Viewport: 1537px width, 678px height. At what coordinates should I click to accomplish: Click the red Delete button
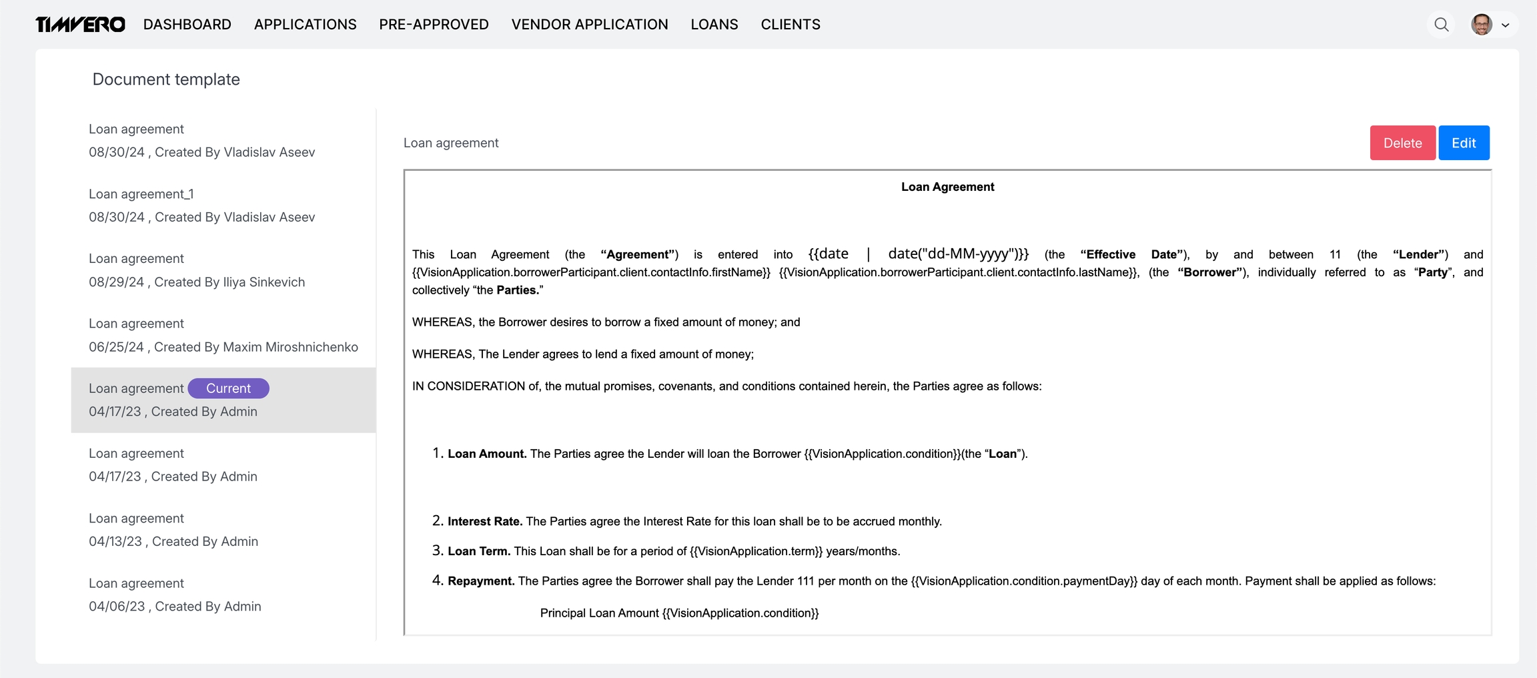(1402, 143)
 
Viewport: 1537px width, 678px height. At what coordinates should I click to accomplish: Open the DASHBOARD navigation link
(187, 25)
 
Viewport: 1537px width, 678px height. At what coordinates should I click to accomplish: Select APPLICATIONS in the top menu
(305, 25)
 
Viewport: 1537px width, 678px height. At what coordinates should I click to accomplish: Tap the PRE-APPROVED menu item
(434, 25)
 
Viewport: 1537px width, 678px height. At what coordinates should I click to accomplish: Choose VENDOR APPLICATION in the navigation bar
(589, 25)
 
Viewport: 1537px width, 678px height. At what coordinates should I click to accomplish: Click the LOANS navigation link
(714, 25)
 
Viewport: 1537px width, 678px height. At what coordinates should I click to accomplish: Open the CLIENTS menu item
(790, 25)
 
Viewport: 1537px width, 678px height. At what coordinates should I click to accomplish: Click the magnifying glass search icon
(1441, 25)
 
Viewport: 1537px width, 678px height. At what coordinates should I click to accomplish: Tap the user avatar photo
(1481, 25)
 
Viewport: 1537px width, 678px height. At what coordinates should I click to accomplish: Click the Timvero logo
(80, 25)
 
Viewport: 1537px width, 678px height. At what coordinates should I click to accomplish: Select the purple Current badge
(228, 388)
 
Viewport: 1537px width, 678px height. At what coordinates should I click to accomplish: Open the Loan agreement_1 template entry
(201, 206)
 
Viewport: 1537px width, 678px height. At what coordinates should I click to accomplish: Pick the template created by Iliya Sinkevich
(197, 270)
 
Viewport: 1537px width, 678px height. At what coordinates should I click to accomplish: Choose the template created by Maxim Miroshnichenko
(223, 335)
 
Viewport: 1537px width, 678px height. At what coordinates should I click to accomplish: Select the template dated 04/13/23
(173, 530)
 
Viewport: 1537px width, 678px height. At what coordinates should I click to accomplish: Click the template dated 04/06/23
(175, 595)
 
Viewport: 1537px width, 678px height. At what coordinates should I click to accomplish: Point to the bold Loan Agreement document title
(947, 187)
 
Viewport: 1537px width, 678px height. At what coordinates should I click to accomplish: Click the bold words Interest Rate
(485, 521)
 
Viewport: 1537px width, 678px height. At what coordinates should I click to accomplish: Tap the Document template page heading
(166, 79)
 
